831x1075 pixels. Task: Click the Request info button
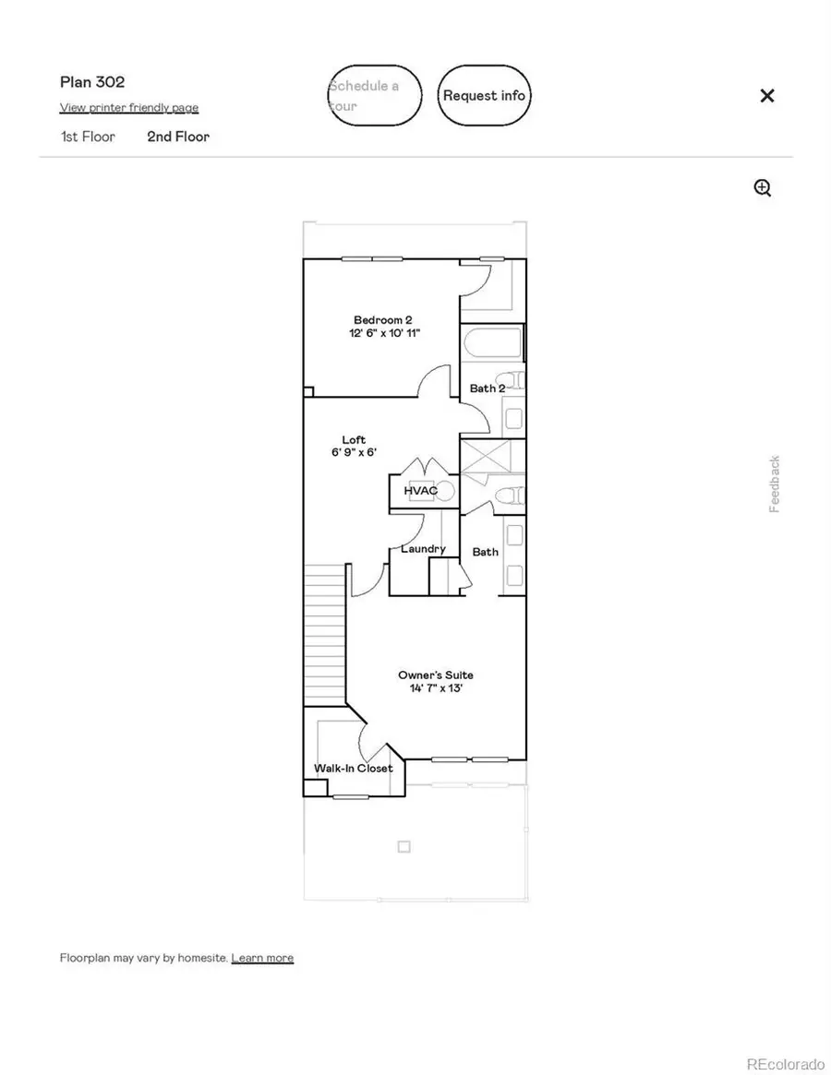(x=484, y=95)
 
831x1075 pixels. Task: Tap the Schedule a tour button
(x=375, y=95)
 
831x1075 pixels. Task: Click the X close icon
(x=766, y=95)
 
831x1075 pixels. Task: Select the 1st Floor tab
(x=88, y=137)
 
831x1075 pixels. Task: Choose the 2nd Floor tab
(x=178, y=137)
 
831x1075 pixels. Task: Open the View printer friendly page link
(x=129, y=108)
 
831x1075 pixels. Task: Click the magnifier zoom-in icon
(x=763, y=188)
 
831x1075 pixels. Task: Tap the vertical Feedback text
(x=775, y=484)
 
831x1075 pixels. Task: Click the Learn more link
(x=262, y=958)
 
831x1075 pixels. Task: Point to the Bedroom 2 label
(x=382, y=319)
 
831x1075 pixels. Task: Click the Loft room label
(x=354, y=439)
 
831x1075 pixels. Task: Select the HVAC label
(x=419, y=491)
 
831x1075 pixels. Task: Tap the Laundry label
(x=423, y=548)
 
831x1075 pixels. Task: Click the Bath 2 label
(x=488, y=388)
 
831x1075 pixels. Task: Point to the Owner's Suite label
(x=436, y=675)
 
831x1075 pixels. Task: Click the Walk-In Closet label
(x=353, y=768)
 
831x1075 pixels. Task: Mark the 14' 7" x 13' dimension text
(x=436, y=688)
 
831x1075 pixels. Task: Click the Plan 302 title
(x=92, y=82)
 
